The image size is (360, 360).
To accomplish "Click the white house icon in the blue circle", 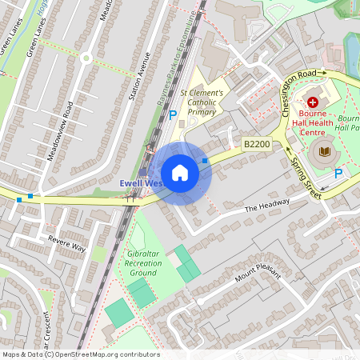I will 180,173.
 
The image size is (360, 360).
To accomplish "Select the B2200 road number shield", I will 258,144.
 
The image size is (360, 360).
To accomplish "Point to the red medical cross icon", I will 313,103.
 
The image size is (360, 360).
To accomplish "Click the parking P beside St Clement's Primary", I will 173,115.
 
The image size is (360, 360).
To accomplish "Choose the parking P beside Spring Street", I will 338,173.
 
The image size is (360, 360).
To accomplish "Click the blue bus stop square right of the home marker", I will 206,161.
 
